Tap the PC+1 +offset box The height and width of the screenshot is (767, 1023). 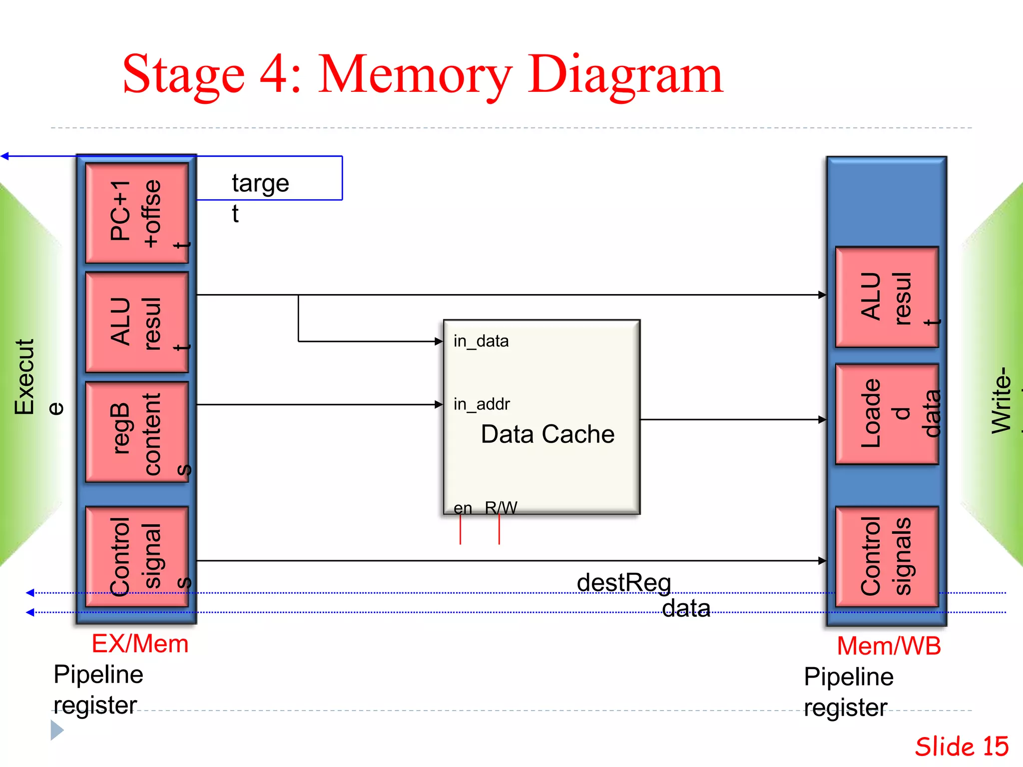[x=137, y=213]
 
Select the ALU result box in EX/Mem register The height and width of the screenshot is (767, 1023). [x=137, y=322]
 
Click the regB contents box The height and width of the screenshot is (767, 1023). [x=137, y=432]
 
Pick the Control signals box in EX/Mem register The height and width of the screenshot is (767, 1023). [x=137, y=556]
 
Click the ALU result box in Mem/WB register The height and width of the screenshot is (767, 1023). [x=887, y=297]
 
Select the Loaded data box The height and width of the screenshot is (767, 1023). [x=887, y=414]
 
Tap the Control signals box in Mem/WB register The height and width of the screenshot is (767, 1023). [x=887, y=556]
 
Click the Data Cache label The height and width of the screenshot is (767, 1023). [x=547, y=434]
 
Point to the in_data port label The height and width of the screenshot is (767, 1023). [x=481, y=341]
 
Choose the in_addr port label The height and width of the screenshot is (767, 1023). [x=482, y=403]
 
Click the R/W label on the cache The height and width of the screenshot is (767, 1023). [x=501, y=508]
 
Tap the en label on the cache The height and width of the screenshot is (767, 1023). [x=463, y=508]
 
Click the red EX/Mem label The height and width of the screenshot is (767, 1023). [x=140, y=644]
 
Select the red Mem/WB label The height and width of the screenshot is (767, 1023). [x=889, y=646]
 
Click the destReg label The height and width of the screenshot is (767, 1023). [x=623, y=583]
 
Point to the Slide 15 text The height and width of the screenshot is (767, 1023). [x=962, y=747]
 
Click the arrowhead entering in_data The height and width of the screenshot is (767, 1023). [x=439, y=342]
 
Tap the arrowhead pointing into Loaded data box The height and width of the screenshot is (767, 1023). [x=822, y=420]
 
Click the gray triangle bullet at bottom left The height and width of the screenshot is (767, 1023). [x=56, y=730]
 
